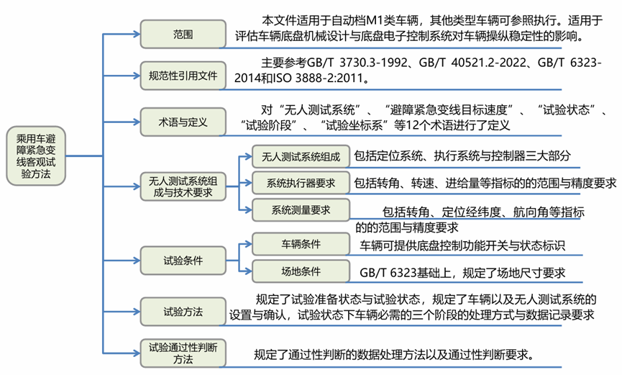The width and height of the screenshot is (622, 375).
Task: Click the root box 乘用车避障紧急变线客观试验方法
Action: (35, 155)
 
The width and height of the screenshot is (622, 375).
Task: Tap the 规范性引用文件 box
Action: (182, 74)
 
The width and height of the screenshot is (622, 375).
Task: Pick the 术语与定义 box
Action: (182, 122)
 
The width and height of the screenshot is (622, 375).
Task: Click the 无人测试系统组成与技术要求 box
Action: (182, 186)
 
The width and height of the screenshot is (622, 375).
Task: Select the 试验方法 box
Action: (182, 312)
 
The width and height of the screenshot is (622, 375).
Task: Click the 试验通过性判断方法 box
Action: (182, 352)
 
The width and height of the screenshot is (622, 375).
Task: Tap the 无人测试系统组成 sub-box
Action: (301, 157)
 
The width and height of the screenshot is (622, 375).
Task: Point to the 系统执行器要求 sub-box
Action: (301, 183)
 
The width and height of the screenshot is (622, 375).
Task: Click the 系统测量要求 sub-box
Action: (301, 209)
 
